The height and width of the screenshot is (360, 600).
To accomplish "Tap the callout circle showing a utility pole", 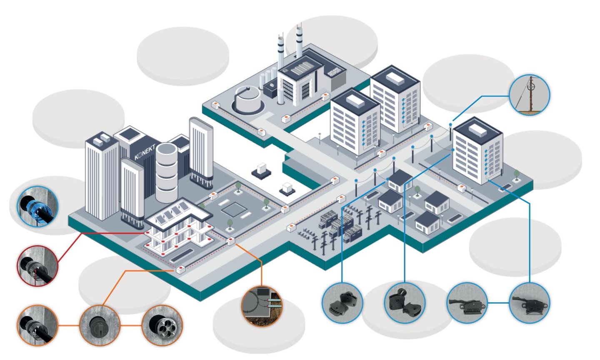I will click(530, 95).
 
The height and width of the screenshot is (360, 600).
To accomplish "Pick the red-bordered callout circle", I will click(37, 265).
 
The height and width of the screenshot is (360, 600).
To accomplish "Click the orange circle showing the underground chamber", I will click(262, 305).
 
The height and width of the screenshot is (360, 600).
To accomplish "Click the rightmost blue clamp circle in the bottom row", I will click(530, 303).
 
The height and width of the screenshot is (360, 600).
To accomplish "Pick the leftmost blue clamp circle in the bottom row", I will click(342, 303).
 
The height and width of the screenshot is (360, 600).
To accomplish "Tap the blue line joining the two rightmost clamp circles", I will click(498, 303).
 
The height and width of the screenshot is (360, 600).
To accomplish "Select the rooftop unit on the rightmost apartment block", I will click(477, 130).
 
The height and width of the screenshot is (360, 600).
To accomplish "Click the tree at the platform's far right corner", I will click(516, 174).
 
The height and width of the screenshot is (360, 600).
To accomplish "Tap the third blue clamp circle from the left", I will click(467, 303).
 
